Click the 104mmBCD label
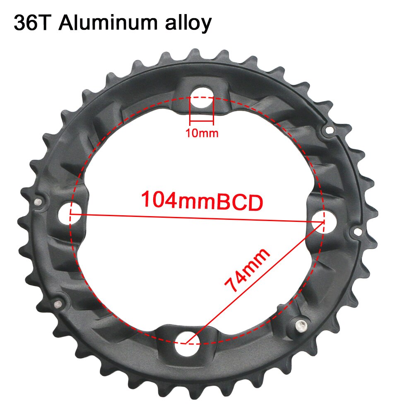(x=202, y=201)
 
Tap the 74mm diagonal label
(x=247, y=270)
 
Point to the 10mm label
(x=201, y=133)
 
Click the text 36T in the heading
(x=32, y=23)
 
